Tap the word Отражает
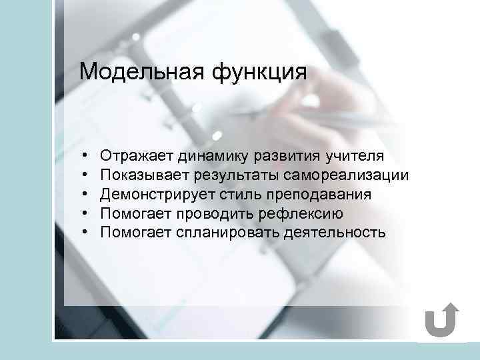click(137, 157)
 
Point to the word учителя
click(355, 157)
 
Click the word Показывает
click(145, 176)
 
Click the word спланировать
click(222, 233)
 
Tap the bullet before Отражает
click(87, 157)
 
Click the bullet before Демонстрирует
click(87, 195)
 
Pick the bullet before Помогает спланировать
click(87, 233)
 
